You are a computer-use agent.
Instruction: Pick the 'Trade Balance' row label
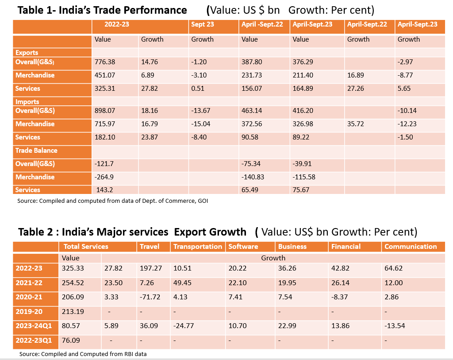[x=36, y=151]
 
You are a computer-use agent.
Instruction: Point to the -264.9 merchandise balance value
[x=104, y=177]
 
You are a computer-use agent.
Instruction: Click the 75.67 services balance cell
[x=302, y=190]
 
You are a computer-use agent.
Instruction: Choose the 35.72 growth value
[x=356, y=124]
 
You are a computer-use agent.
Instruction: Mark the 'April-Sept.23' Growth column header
[x=417, y=24]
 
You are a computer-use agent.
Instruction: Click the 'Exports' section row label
[x=27, y=53]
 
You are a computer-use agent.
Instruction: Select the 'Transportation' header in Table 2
[x=198, y=247]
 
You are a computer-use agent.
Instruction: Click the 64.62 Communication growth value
[x=394, y=268]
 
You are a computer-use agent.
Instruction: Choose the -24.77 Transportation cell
[x=184, y=325]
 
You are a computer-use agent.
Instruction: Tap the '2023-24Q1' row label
[x=34, y=325]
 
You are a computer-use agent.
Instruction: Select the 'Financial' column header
[x=346, y=247]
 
